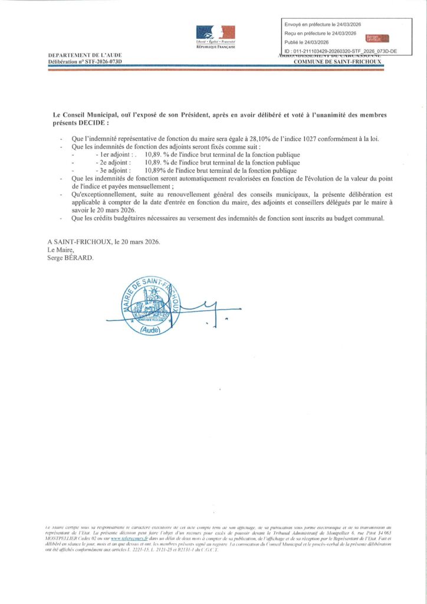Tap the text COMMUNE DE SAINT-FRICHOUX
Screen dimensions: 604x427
(339, 61)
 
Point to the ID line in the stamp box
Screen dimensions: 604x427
(340, 51)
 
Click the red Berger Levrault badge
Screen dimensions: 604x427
(377, 38)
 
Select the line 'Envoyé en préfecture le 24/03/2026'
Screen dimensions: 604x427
(323, 24)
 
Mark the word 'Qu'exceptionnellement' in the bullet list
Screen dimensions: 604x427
(102, 193)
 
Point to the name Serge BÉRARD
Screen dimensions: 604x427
(71, 257)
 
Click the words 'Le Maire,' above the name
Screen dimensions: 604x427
(60, 250)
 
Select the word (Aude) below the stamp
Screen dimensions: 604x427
(155, 331)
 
